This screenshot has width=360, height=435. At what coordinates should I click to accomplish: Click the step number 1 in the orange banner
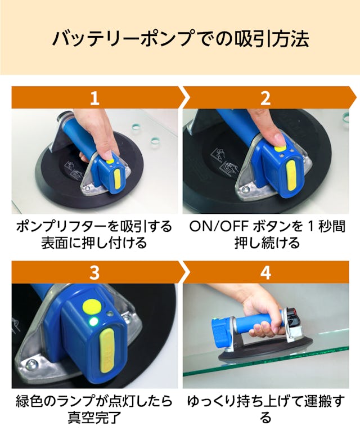point(94,98)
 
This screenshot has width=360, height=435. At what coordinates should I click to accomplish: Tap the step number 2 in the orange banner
point(265,98)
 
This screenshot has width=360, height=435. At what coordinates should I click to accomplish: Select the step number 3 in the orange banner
point(94,272)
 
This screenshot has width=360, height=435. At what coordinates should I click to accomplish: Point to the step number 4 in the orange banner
point(265,272)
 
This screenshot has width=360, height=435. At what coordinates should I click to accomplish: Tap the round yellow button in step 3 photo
point(92,306)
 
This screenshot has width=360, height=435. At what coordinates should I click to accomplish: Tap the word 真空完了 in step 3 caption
point(94,418)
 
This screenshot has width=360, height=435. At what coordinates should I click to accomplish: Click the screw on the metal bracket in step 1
point(88,189)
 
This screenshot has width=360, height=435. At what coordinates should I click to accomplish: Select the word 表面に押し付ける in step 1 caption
point(94,243)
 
